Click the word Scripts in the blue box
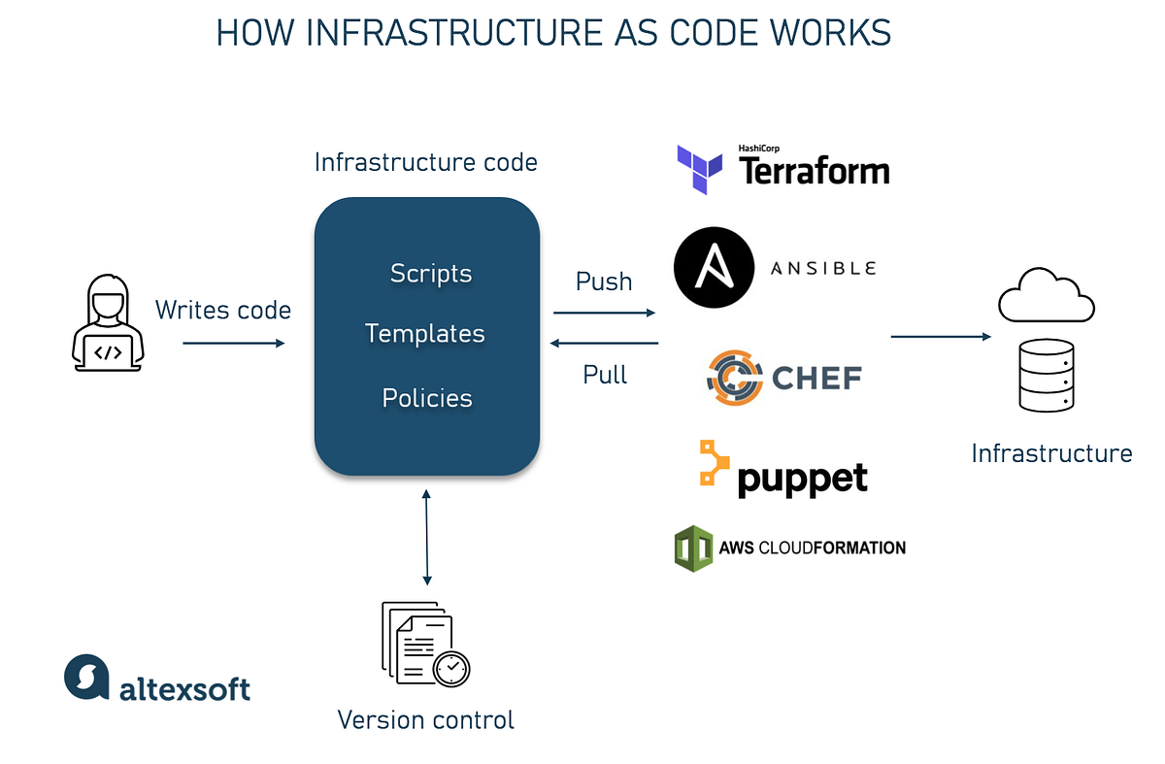point(430,274)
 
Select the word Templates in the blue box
point(425,334)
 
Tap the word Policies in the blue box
point(427,398)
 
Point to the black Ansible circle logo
point(714,267)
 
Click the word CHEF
point(816,377)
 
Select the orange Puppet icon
point(714,463)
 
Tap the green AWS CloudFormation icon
point(693,548)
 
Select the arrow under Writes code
point(233,343)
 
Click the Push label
point(604,282)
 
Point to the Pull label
point(605,375)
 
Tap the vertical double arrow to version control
point(427,536)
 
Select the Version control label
point(425,720)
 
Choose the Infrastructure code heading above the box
point(426,162)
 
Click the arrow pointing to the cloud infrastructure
point(940,337)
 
